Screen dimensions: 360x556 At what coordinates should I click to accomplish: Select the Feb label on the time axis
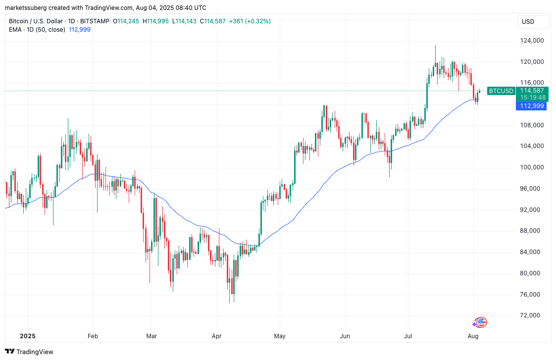click(93, 336)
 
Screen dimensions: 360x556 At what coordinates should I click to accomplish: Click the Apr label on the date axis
click(216, 336)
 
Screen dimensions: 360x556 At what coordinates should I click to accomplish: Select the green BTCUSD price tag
click(501, 91)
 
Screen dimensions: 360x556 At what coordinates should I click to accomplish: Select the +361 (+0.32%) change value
click(250, 21)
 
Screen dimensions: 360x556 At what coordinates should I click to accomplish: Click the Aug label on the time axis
click(473, 336)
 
